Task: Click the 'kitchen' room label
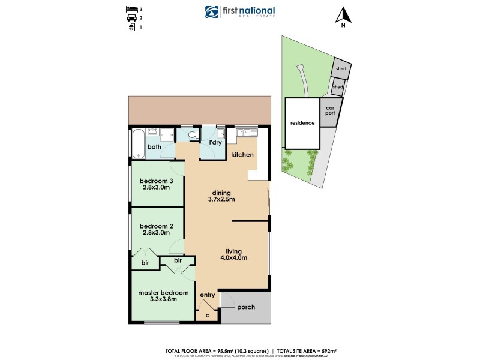point(242,155)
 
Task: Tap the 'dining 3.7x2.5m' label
point(221,196)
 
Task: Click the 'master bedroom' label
point(163,296)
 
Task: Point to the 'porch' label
point(246,307)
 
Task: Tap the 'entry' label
point(207,295)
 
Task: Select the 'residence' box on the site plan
point(302,123)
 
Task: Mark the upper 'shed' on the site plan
point(341,69)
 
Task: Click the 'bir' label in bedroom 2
point(145,263)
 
